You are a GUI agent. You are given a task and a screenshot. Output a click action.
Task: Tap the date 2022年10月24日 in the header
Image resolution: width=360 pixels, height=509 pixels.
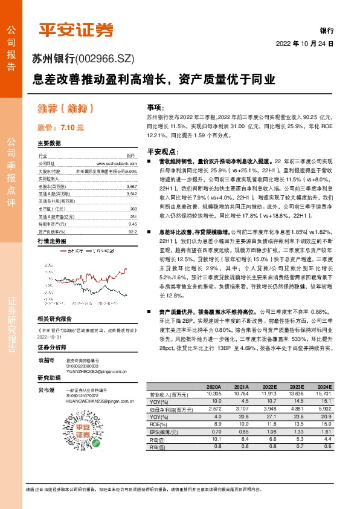pyautogui.click(x=305, y=44)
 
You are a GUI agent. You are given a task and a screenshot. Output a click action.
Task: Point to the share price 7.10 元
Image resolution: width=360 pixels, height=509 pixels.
pyautogui.click(x=61, y=128)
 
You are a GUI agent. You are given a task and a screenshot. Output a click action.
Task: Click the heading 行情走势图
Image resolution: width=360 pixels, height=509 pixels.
pyautogui.click(x=51, y=240)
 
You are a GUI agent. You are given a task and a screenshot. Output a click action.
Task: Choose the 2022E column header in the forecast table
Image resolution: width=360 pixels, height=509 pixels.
pyautogui.click(x=270, y=386)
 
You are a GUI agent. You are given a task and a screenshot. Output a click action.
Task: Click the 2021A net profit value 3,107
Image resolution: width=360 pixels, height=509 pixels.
pyautogui.click(x=240, y=409)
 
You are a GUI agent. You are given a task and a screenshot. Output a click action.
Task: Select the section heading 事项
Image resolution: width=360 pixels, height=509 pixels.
pyautogui.click(x=155, y=106)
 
